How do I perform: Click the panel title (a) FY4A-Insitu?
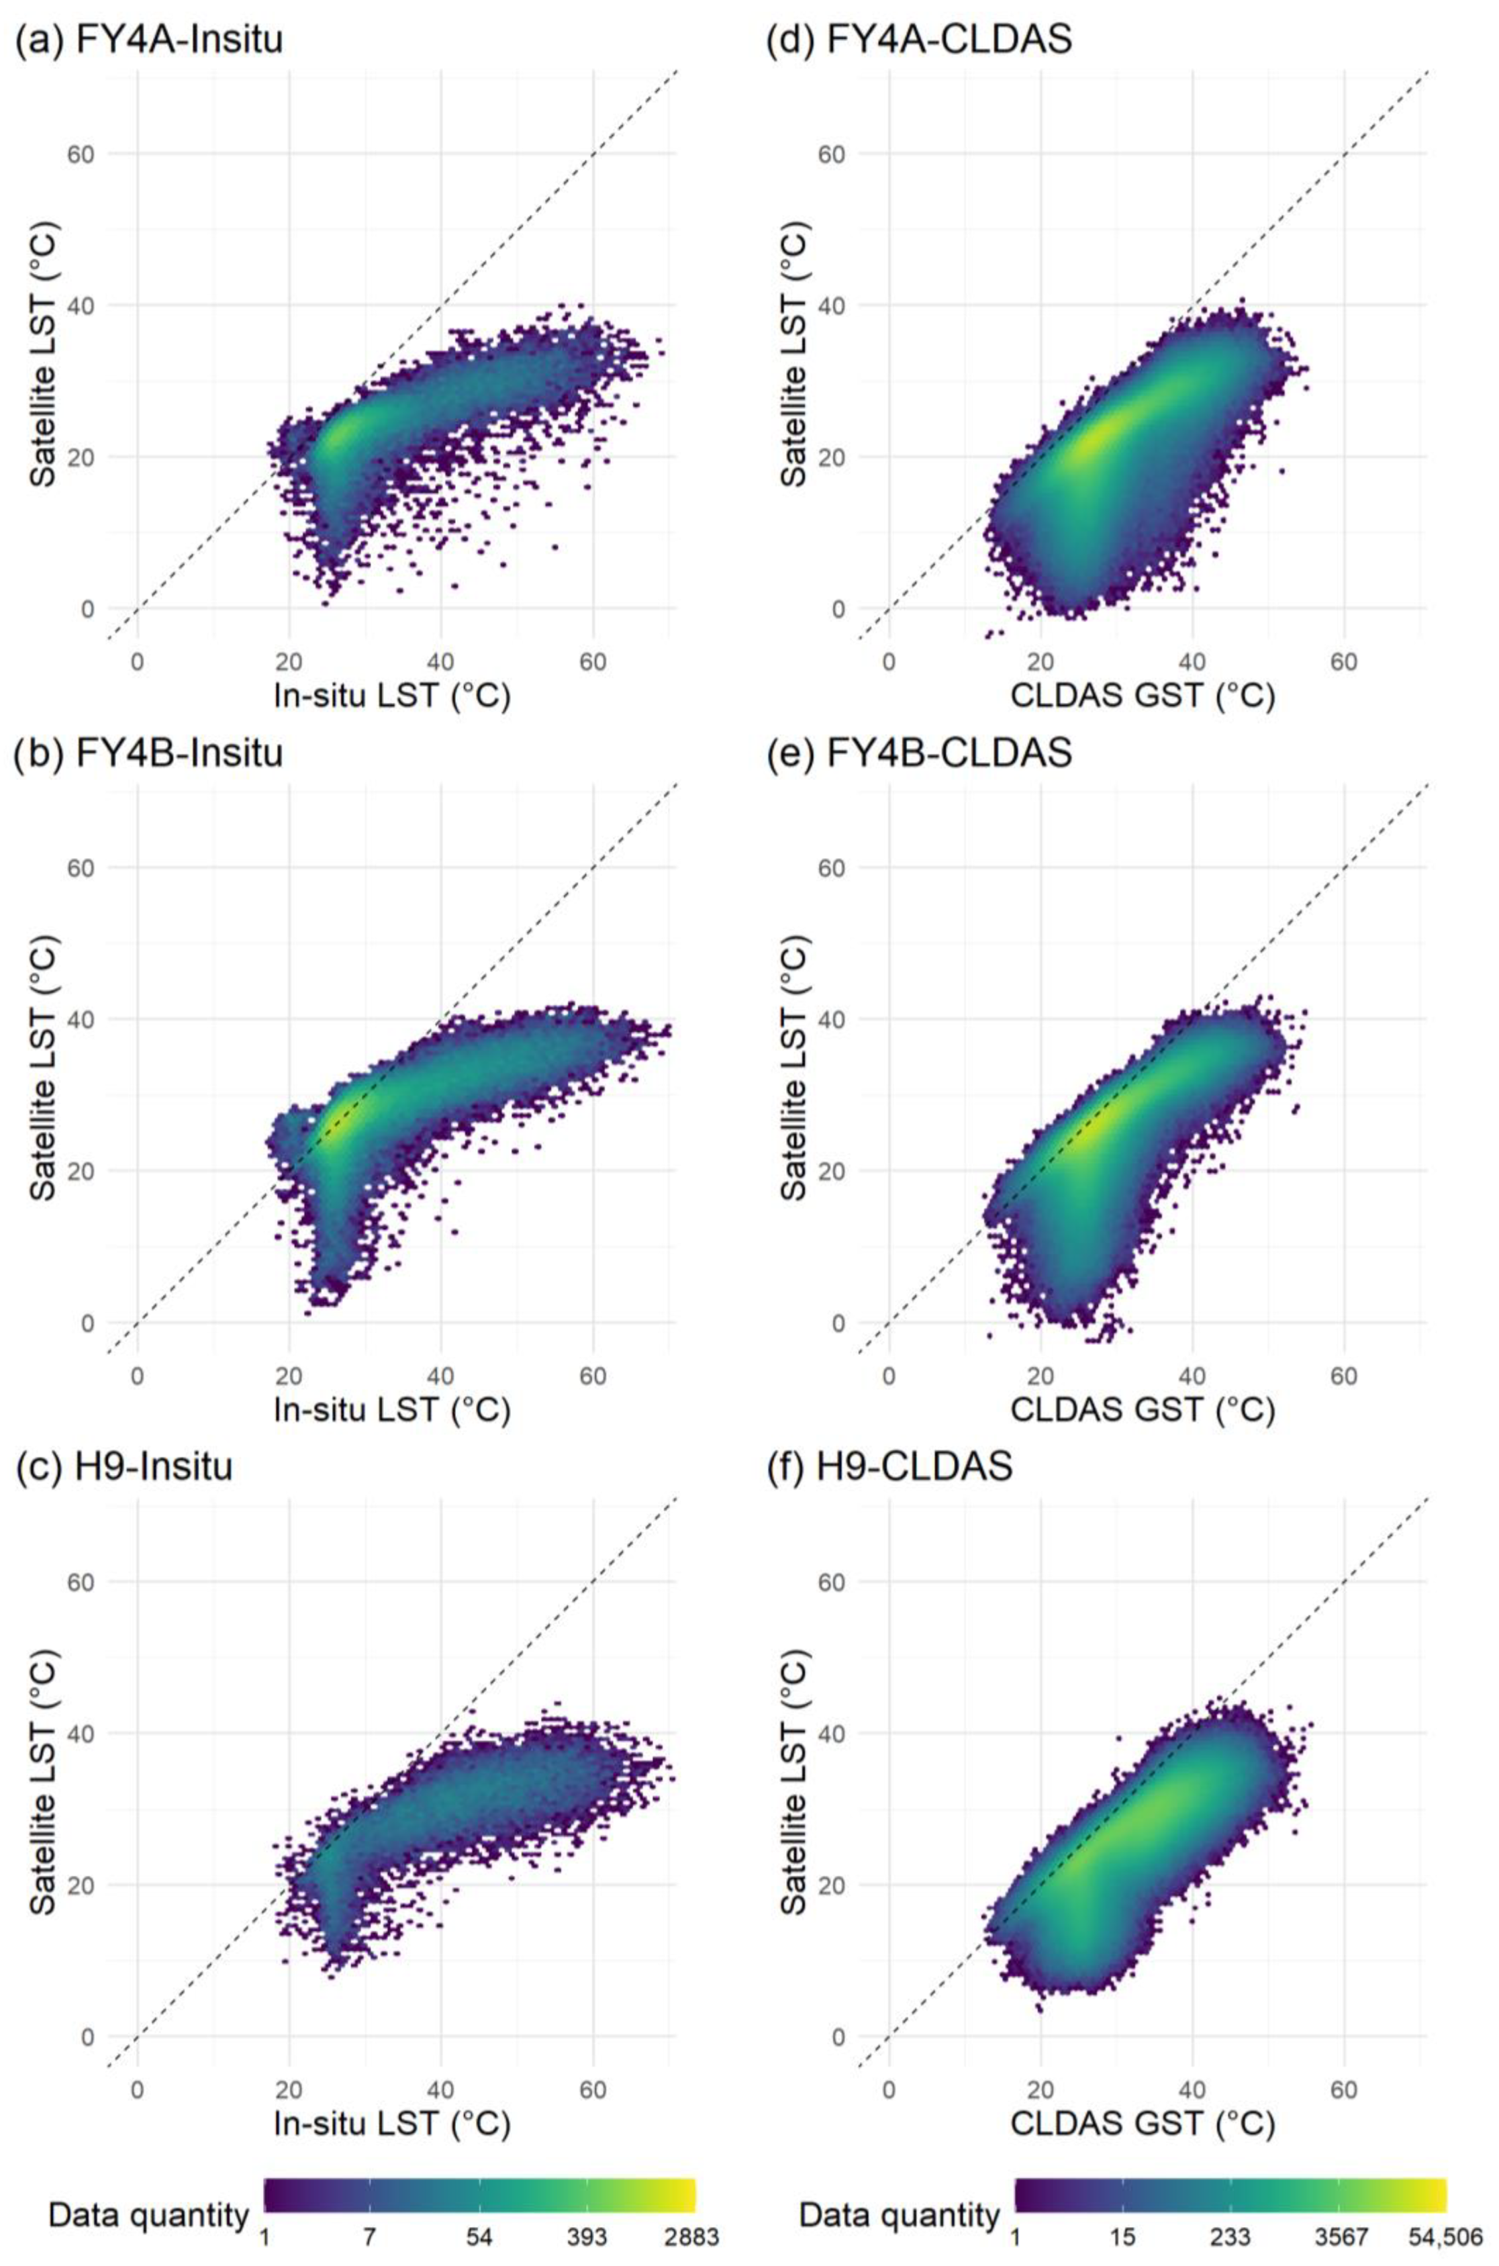[150, 40]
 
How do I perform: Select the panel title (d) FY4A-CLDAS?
[920, 40]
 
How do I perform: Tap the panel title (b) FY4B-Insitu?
[150, 753]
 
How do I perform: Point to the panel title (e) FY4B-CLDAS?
[920, 753]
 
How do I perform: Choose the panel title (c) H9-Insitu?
[124, 1466]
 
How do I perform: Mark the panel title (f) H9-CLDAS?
[890, 1466]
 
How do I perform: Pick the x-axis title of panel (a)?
[392, 696]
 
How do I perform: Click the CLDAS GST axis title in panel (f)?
[1143, 2122]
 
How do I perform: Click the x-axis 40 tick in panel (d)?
[1192, 661]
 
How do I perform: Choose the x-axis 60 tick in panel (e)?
[1344, 1376]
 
